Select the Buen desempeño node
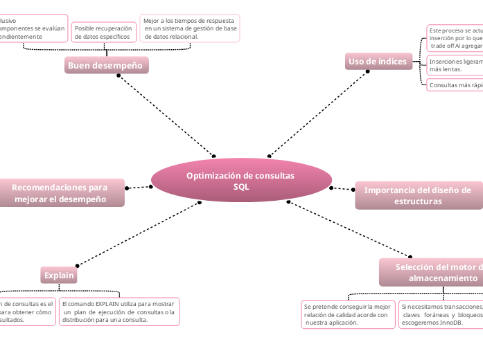click(x=106, y=65)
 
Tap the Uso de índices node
click(x=378, y=62)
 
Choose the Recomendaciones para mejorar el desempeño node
click(x=60, y=193)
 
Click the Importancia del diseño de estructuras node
click(x=418, y=195)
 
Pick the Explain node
click(x=59, y=276)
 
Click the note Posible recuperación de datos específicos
click(x=103, y=32)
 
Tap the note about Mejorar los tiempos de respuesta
click(x=190, y=28)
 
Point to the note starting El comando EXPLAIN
click(x=119, y=312)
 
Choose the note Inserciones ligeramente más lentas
click(x=455, y=66)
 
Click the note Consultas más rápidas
click(x=455, y=85)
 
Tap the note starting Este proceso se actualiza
click(x=455, y=38)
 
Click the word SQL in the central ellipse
click(x=241, y=187)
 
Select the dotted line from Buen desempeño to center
click(x=166, y=116)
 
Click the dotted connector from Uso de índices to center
click(x=319, y=114)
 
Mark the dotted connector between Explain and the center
click(x=139, y=233)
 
